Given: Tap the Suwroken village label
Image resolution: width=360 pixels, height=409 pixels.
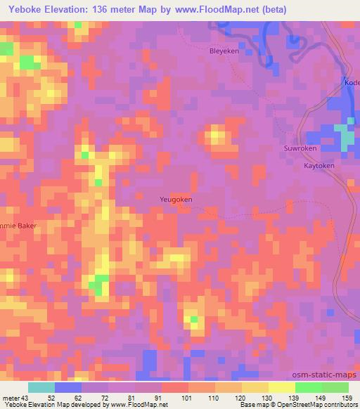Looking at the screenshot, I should (x=300, y=149).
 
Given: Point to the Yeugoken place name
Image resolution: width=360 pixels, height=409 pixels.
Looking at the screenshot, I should (x=176, y=199).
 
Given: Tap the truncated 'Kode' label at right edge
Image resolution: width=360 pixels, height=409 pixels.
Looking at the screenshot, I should (x=352, y=82).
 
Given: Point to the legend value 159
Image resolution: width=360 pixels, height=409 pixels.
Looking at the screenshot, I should (x=347, y=398).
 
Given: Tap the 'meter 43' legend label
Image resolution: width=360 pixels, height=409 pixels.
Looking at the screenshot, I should (x=16, y=398).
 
